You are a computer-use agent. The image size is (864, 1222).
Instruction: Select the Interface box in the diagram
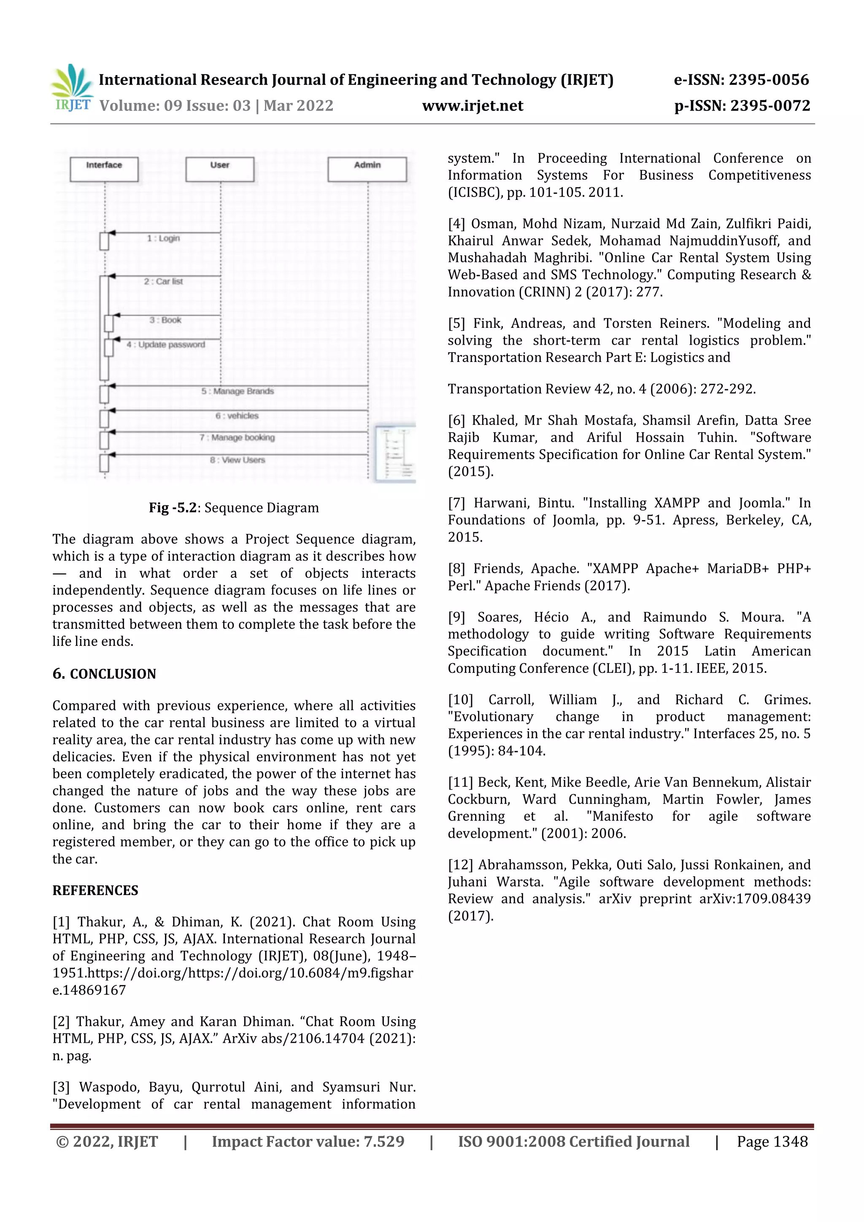click(x=104, y=168)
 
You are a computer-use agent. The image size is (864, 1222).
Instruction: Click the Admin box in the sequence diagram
click(x=367, y=168)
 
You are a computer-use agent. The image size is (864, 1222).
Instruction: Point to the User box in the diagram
click(x=220, y=168)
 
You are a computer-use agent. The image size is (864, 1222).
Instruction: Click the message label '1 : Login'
click(x=163, y=238)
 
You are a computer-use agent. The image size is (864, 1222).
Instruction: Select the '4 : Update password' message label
click(x=165, y=345)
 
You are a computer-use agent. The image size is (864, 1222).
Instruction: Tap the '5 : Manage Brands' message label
click(x=238, y=391)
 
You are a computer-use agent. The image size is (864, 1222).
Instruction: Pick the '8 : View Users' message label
click(x=238, y=460)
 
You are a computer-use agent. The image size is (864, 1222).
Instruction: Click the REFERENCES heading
click(x=95, y=890)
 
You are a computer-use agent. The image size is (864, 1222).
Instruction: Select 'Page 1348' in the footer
click(x=772, y=1141)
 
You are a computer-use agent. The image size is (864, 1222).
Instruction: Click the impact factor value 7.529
click(x=384, y=1141)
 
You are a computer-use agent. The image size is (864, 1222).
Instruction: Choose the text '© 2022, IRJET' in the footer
click(x=107, y=1141)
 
